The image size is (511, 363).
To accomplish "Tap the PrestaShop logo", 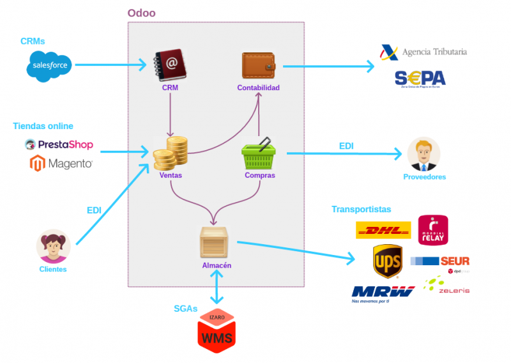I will click(x=59, y=144).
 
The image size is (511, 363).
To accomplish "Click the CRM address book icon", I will click(x=169, y=66).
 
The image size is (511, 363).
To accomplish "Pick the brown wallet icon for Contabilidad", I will click(x=259, y=66).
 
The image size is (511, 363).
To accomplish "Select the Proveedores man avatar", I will click(x=423, y=154).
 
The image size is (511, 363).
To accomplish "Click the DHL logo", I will click(x=383, y=229).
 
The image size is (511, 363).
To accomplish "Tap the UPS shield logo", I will click(x=387, y=261).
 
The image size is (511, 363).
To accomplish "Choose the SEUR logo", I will click(x=440, y=261).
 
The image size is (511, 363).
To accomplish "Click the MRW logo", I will click(x=383, y=291).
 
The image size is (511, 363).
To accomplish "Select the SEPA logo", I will click(x=420, y=79).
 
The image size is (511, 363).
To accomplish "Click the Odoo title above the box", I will click(x=141, y=13).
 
